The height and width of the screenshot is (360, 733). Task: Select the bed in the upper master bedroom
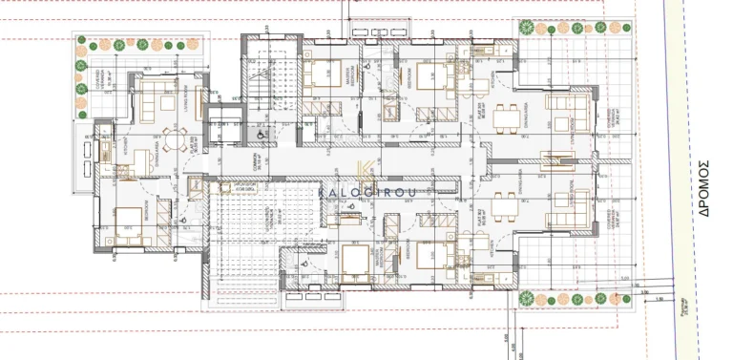pos(329,75)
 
